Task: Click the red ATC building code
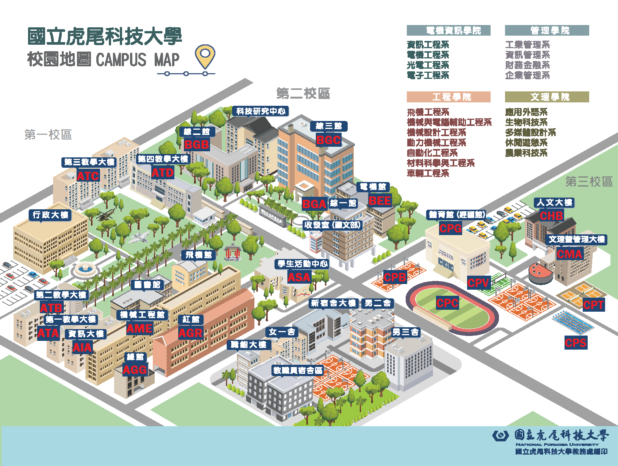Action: click(x=88, y=176)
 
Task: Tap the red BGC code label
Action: click(x=329, y=140)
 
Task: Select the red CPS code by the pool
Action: click(x=576, y=343)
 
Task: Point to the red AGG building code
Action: click(x=135, y=370)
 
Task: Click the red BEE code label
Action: click(x=380, y=201)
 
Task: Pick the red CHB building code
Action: click(x=551, y=216)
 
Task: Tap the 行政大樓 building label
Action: click(x=50, y=215)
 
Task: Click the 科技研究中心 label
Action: click(x=261, y=111)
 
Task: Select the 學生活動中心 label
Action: click(x=302, y=264)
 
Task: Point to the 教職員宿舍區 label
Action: click(x=298, y=370)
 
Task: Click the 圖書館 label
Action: click(x=147, y=285)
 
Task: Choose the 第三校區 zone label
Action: click(x=589, y=182)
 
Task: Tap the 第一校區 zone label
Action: click(x=48, y=135)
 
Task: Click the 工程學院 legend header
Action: click(x=449, y=97)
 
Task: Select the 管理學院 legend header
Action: click(x=547, y=31)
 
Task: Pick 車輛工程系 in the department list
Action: click(x=428, y=173)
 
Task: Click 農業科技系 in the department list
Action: click(x=526, y=153)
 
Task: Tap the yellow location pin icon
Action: click(x=205, y=56)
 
